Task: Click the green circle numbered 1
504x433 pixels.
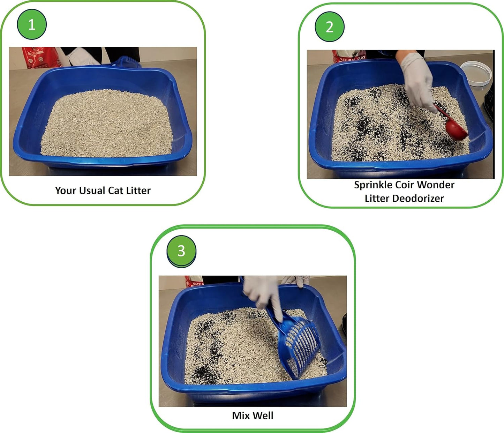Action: click(32, 24)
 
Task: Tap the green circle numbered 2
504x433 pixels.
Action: click(329, 27)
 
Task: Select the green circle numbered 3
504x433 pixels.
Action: click(181, 251)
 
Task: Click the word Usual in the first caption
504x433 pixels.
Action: click(92, 191)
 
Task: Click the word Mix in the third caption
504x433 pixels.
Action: click(241, 416)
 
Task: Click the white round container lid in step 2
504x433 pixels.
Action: click(476, 73)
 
